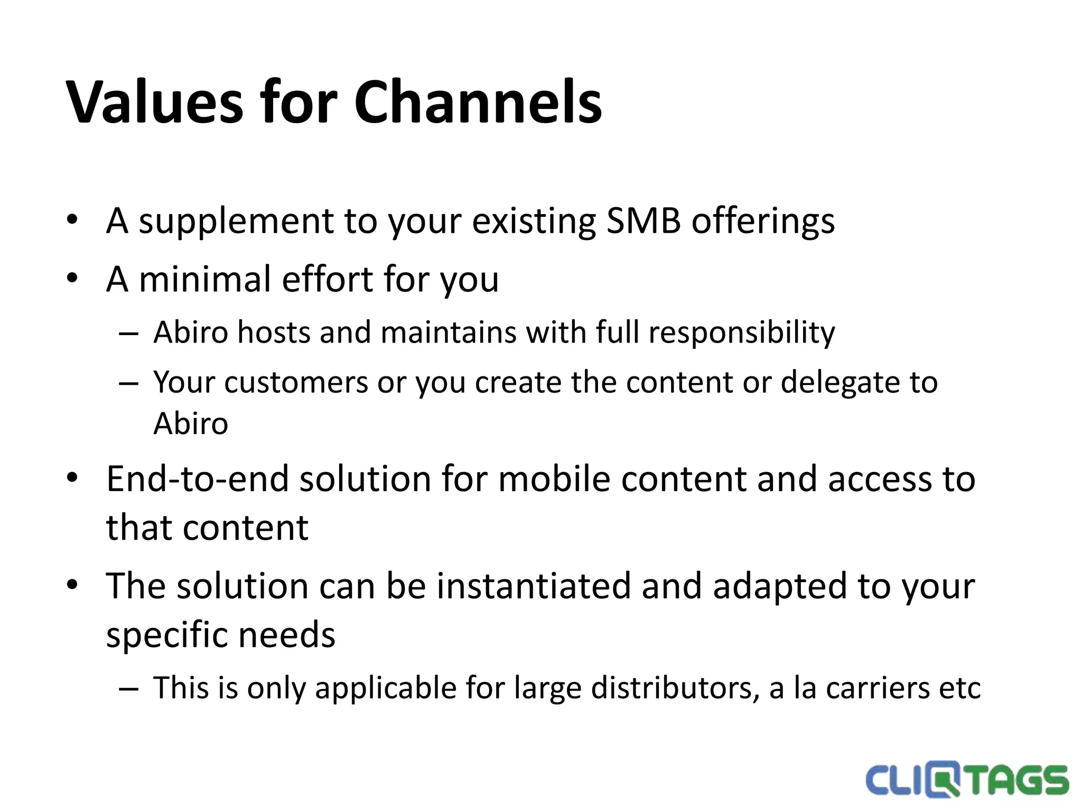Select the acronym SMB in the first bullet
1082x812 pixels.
pos(643,220)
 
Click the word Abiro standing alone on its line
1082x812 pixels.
pos(191,423)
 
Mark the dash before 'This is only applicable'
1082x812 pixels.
pos(128,689)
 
